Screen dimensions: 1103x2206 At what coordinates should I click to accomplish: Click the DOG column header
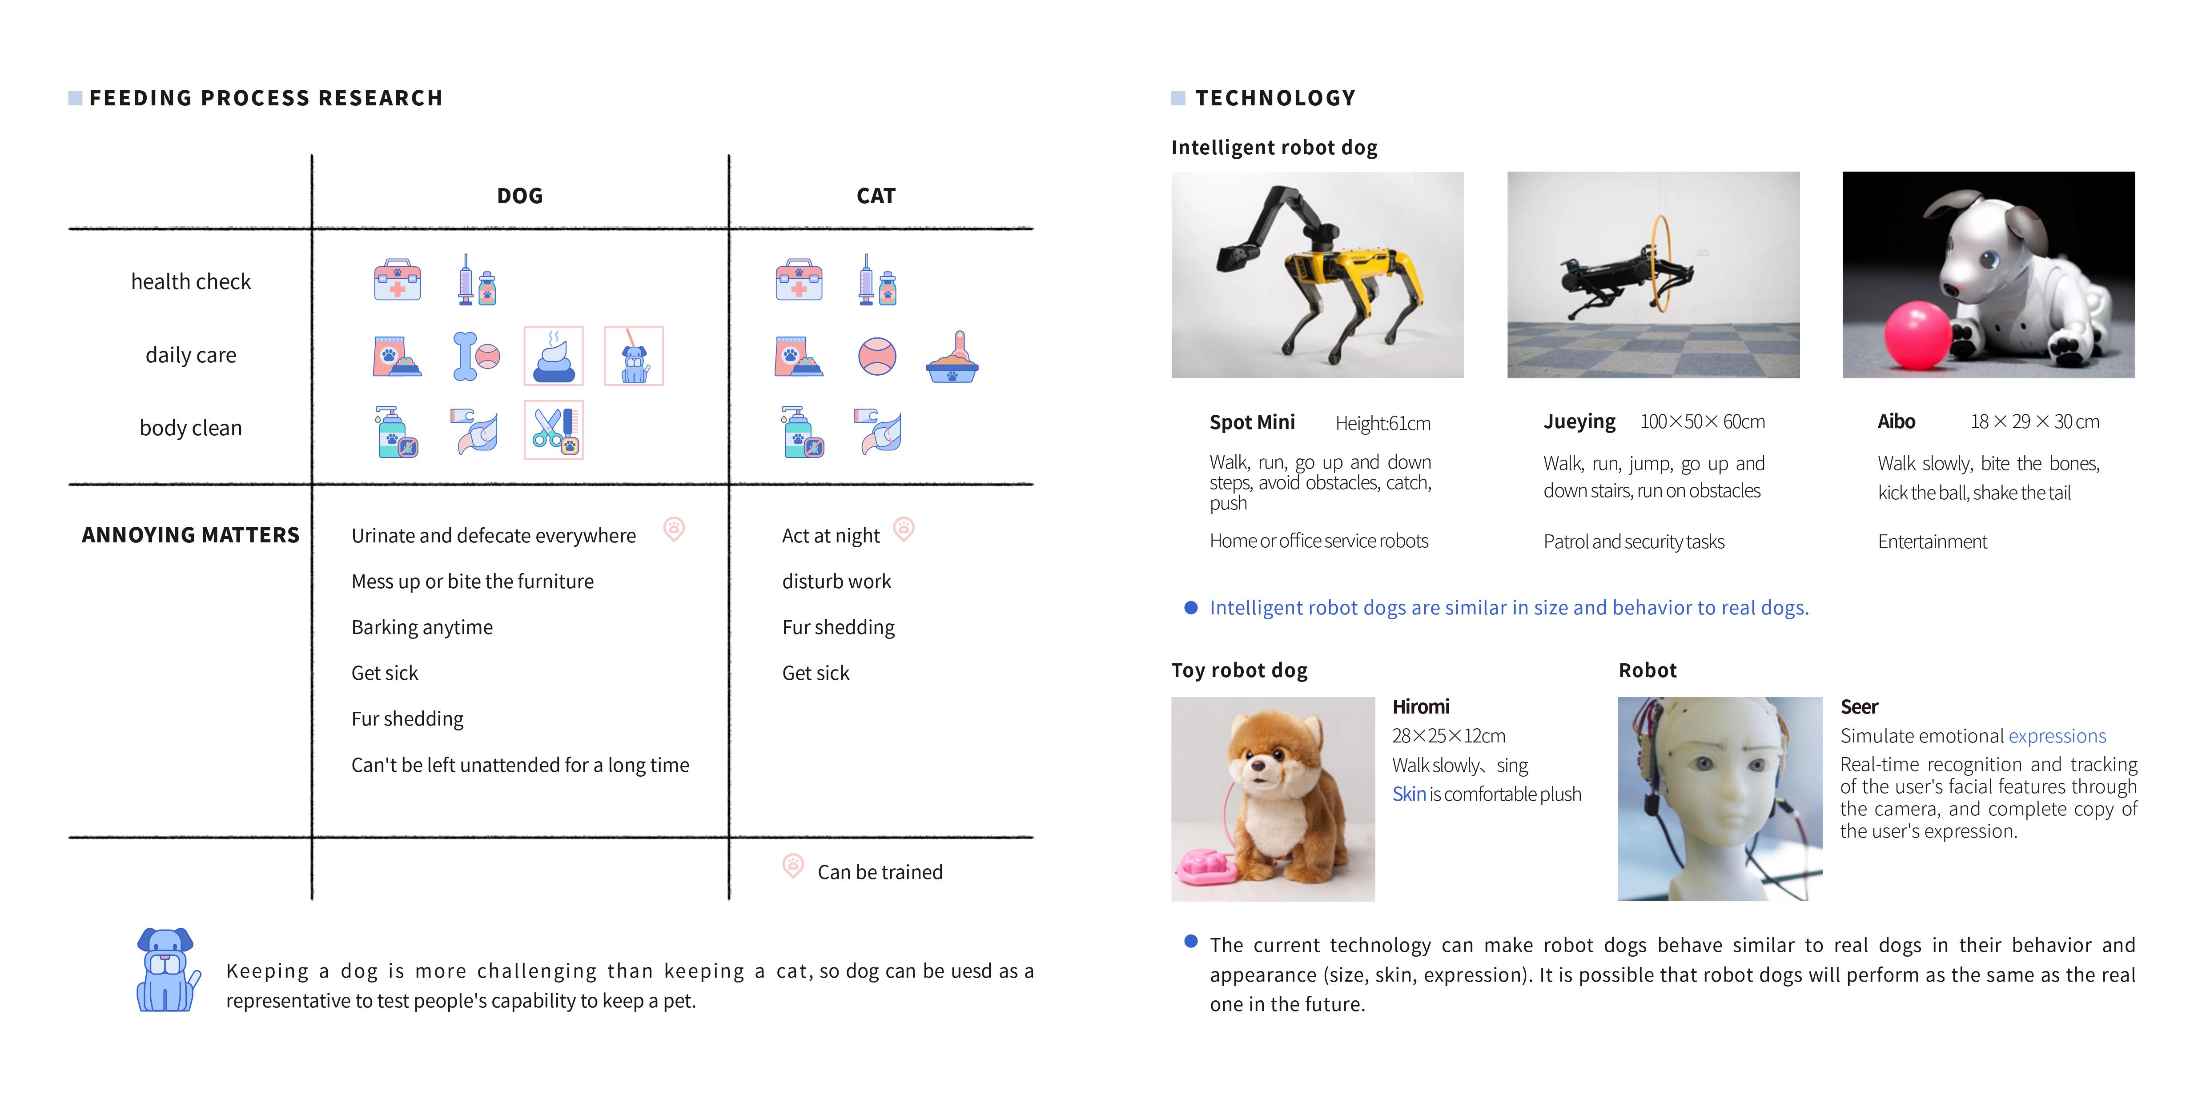tap(520, 196)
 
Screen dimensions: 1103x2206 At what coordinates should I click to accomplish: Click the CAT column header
tap(875, 196)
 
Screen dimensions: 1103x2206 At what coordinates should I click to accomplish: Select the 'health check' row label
tap(191, 282)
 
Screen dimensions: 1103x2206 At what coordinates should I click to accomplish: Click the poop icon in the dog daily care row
tap(553, 356)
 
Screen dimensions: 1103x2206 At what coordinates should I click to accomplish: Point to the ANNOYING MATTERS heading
tap(191, 535)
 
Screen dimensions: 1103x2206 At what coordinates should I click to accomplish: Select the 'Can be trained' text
tap(880, 872)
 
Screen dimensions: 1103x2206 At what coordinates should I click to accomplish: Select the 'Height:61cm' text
tap(1382, 423)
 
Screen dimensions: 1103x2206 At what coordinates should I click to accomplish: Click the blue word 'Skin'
tap(1409, 794)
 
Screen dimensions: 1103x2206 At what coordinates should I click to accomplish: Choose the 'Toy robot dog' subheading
tap(1239, 670)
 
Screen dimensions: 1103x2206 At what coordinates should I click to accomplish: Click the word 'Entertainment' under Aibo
tap(1932, 541)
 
